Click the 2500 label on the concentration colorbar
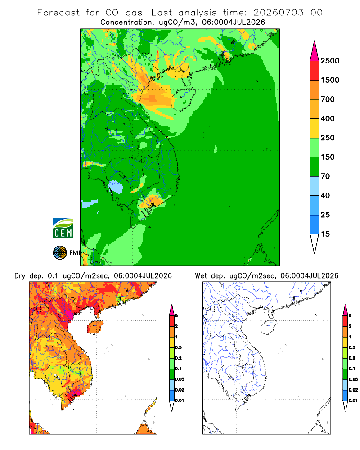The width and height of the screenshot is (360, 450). pos(330,61)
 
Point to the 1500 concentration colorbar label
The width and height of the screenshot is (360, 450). pos(330,80)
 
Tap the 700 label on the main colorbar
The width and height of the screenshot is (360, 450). pos(328,99)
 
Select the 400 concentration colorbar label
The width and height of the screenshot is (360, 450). pos(328,118)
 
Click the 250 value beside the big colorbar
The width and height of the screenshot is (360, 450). pos(328,138)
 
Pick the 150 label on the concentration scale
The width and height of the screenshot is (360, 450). pos(328,157)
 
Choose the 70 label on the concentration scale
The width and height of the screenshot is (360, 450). pos(325,176)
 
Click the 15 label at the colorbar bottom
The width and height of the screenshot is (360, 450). pos(325,234)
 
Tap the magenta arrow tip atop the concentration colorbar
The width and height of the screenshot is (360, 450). pos(315,41)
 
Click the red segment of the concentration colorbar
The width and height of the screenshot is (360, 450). pos(315,71)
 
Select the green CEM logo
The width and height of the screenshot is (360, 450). pos(63,229)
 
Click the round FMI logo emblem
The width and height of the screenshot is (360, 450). pos(60,253)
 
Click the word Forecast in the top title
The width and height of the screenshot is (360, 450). pos(58,13)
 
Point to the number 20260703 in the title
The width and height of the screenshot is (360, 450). pos(278,13)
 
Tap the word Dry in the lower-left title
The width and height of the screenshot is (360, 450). pos(20,276)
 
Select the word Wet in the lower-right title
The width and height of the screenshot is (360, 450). pos(201,276)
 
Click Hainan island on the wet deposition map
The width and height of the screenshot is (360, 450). pos(269,328)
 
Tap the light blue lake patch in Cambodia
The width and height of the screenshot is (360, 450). pos(116,187)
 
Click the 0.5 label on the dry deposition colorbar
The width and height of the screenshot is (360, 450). pos(178,347)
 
